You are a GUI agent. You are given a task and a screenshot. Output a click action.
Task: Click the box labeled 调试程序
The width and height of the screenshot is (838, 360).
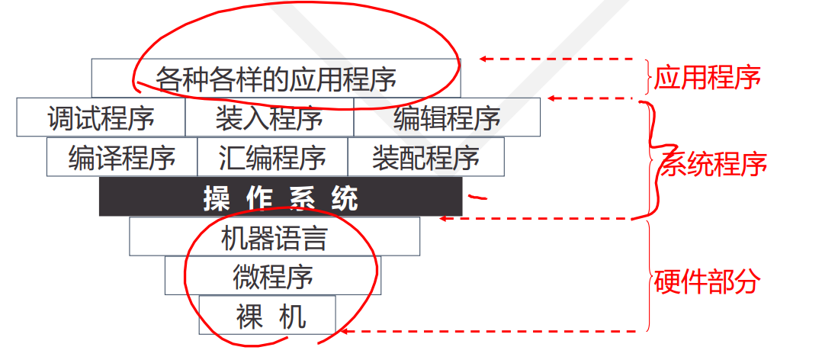pyautogui.click(x=101, y=118)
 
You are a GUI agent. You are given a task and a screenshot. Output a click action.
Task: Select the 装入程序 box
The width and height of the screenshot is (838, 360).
pyautogui.click(x=269, y=118)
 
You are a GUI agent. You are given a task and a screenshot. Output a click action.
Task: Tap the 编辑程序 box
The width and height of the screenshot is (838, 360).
pyautogui.click(x=447, y=118)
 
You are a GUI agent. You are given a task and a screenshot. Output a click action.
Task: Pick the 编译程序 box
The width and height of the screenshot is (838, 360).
pyautogui.click(x=122, y=158)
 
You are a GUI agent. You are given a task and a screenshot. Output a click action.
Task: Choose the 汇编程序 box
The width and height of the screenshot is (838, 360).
pyautogui.click(x=272, y=158)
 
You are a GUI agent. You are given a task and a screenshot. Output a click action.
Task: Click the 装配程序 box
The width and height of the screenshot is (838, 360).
pyautogui.click(x=425, y=158)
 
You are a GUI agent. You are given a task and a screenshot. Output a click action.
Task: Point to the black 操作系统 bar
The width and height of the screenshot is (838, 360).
pyautogui.click(x=281, y=198)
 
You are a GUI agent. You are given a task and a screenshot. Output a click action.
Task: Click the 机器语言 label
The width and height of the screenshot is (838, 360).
pyautogui.click(x=274, y=238)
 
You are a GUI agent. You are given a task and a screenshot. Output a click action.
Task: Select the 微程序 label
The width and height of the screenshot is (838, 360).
pyautogui.click(x=273, y=276)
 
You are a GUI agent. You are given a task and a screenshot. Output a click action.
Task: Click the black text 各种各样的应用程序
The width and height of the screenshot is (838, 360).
pyautogui.click(x=276, y=78)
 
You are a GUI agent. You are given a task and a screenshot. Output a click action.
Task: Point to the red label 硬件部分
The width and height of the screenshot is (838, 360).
pyautogui.click(x=707, y=281)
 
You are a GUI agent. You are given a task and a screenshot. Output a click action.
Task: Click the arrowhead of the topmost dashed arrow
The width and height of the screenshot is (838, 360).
pyautogui.click(x=483, y=59)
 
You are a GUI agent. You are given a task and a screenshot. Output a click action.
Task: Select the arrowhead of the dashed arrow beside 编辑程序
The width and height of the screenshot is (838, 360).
pyautogui.click(x=553, y=98)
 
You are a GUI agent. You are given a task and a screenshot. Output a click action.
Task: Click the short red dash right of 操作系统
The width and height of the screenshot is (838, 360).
pyautogui.click(x=477, y=197)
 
